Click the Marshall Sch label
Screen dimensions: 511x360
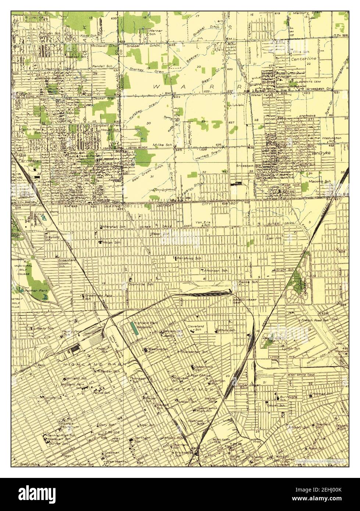point(112,227)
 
